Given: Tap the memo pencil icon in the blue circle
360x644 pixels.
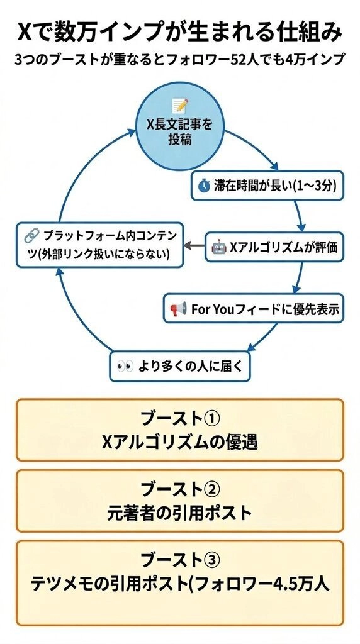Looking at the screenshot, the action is click(x=180, y=106).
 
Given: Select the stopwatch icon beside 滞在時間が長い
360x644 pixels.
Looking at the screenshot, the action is click(x=204, y=186).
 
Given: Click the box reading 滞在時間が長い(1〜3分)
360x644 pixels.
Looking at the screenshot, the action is click(x=267, y=186).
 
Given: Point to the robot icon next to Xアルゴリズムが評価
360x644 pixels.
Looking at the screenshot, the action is click(x=218, y=247).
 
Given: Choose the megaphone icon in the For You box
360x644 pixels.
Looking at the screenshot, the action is click(x=178, y=308).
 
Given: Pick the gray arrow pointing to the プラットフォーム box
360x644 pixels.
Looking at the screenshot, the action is click(x=194, y=246).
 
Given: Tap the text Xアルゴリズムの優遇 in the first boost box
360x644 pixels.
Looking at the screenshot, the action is click(x=179, y=442).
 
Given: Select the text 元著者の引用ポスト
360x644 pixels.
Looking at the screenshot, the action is click(x=179, y=513).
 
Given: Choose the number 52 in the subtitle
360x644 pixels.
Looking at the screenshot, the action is click(x=237, y=58).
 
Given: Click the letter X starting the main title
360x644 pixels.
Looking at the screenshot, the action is click(x=25, y=33).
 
